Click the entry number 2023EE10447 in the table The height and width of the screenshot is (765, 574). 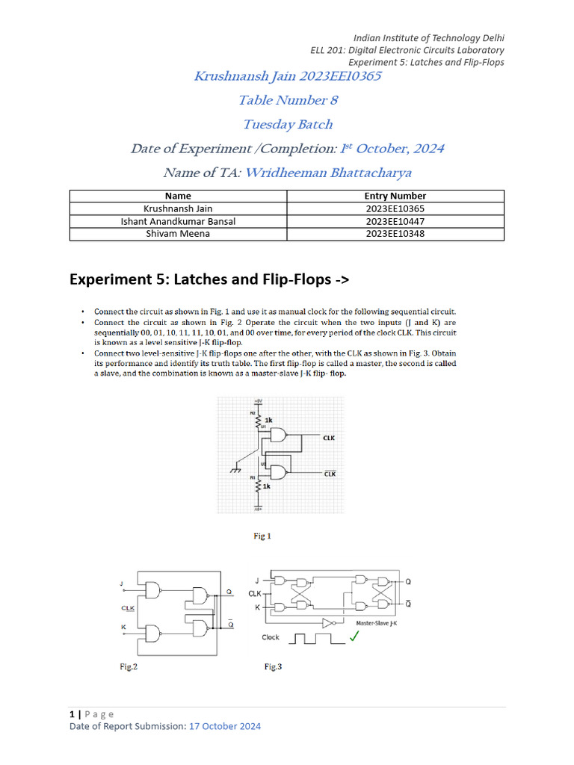[x=395, y=221]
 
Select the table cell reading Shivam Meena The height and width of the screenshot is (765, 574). [x=177, y=234]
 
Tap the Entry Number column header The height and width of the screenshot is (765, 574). [x=395, y=196]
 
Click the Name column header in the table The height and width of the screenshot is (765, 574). [x=177, y=196]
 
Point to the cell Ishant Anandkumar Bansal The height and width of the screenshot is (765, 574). [x=177, y=221]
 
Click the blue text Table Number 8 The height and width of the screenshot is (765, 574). [x=283, y=100]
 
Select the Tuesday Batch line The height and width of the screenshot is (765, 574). [x=287, y=124]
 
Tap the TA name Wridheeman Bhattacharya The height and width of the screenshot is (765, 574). [x=328, y=173]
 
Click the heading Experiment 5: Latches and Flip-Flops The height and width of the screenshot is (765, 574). [x=209, y=279]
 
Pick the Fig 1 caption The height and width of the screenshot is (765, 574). [x=262, y=536]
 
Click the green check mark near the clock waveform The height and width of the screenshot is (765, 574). [x=354, y=636]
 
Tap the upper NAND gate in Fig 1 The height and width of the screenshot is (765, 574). [x=279, y=437]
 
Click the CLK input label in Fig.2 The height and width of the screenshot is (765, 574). [x=128, y=608]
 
